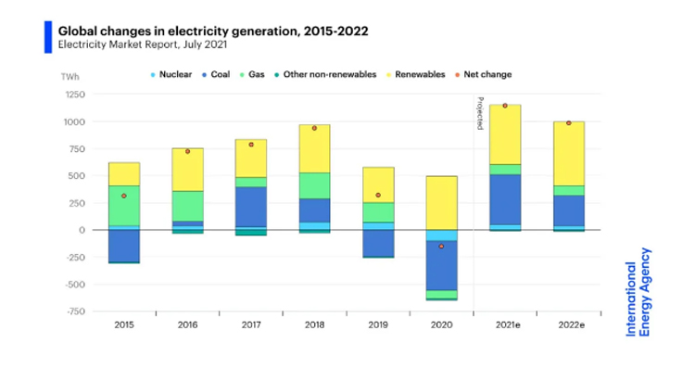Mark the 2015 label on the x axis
point(124,324)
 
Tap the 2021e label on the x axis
point(504,324)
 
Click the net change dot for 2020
point(441,247)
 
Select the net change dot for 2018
point(314,128)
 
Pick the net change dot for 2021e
point(505,106)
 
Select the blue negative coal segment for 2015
point(124,246)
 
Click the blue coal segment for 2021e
point(505,199)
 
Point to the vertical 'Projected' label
point(480,112)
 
